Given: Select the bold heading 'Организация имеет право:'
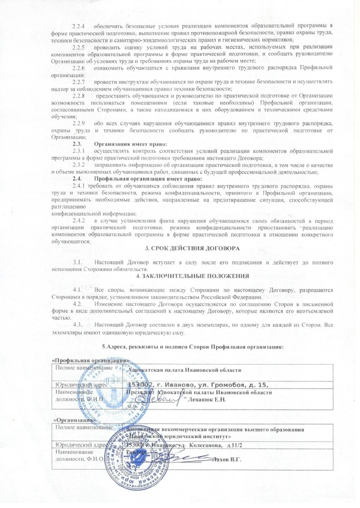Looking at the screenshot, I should [130, 144].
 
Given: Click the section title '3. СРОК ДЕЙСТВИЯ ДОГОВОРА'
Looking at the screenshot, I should [192, 248].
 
